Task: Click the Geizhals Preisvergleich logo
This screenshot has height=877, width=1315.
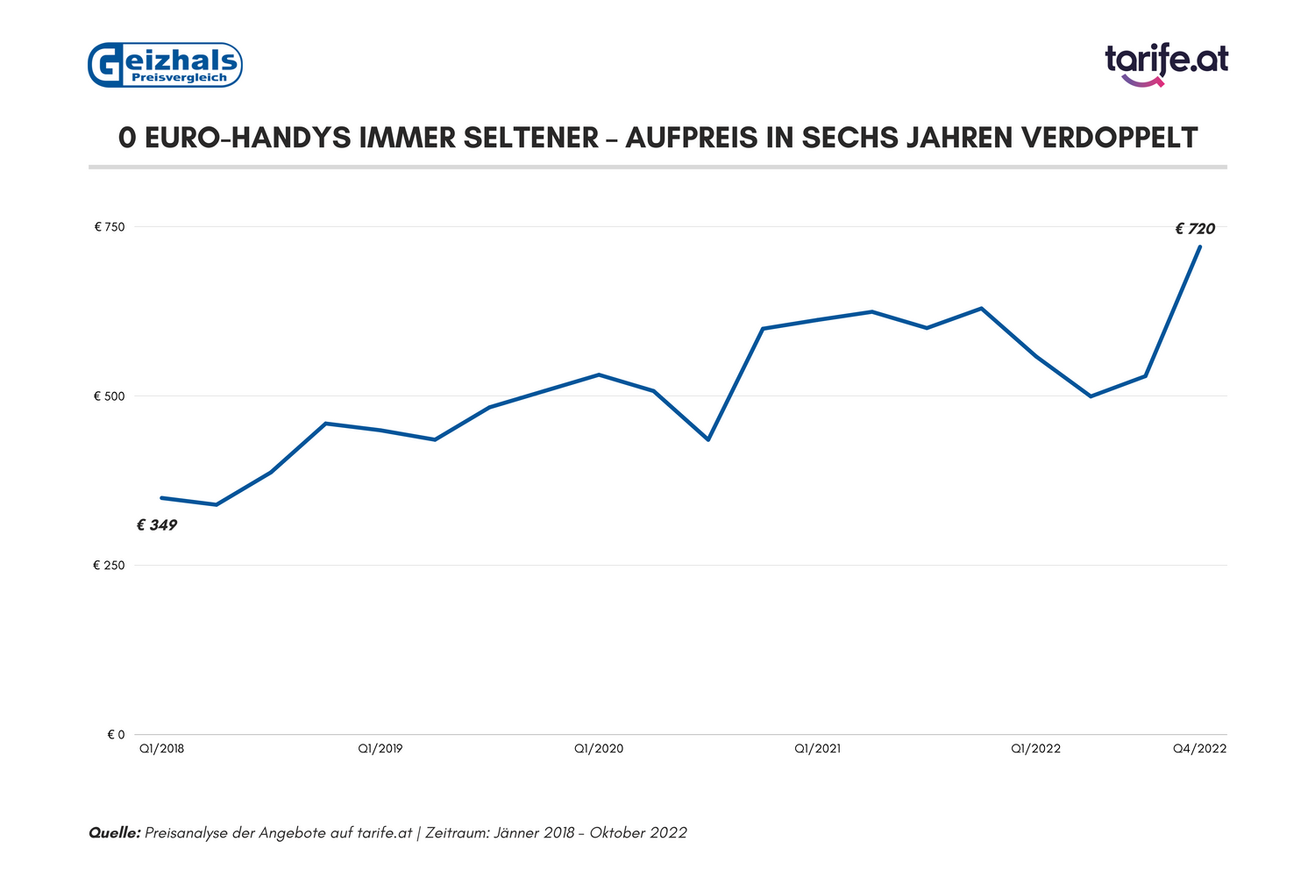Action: (x=165, y=65)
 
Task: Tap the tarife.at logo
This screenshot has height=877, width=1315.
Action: (x=1166, y=63)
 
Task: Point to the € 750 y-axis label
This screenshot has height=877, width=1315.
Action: (x=110, y=227)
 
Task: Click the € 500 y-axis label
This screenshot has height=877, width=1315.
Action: (x=110, y=396)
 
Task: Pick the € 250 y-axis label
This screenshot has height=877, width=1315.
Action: (x=110, y=566)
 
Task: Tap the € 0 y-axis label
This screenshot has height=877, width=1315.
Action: (x=116, y=735)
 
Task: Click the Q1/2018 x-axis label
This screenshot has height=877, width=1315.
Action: (x=162, y=749)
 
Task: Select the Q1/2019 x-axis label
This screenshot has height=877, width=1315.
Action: (x=380, y=749)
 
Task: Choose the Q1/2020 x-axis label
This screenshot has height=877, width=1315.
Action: (x=599, y=749)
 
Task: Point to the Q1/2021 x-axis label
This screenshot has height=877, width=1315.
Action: (x=817, y=749)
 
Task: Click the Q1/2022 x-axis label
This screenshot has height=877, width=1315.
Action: (x=1035, y=749)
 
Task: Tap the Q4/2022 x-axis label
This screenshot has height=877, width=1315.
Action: (x=1200, y=749)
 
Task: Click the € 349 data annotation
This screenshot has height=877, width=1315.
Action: (x=157, y=525)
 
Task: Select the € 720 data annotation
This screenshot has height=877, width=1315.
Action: (x=1195, y=229)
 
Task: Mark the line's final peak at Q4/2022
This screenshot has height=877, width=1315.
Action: (x=1200, y=246)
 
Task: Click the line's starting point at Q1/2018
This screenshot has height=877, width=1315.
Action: (x=162, y=498)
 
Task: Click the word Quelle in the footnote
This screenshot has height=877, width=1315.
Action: (x=114, y=832)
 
